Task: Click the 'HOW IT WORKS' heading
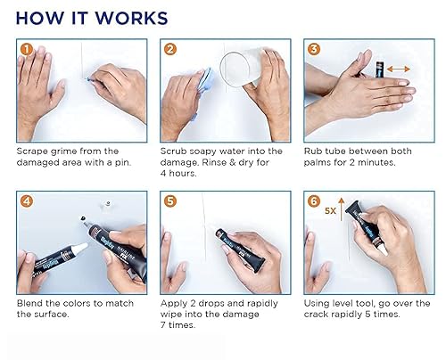pyautogui.click(x=92, y=17)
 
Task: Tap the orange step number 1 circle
pyautogui.click(x=26, y=50)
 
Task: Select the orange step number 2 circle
pyautogui.click(x=170, y=50)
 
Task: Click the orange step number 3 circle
pyautogui.click(x=314, y=50)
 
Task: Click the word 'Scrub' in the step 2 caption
pyautogui.click(x=177, y=151)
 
